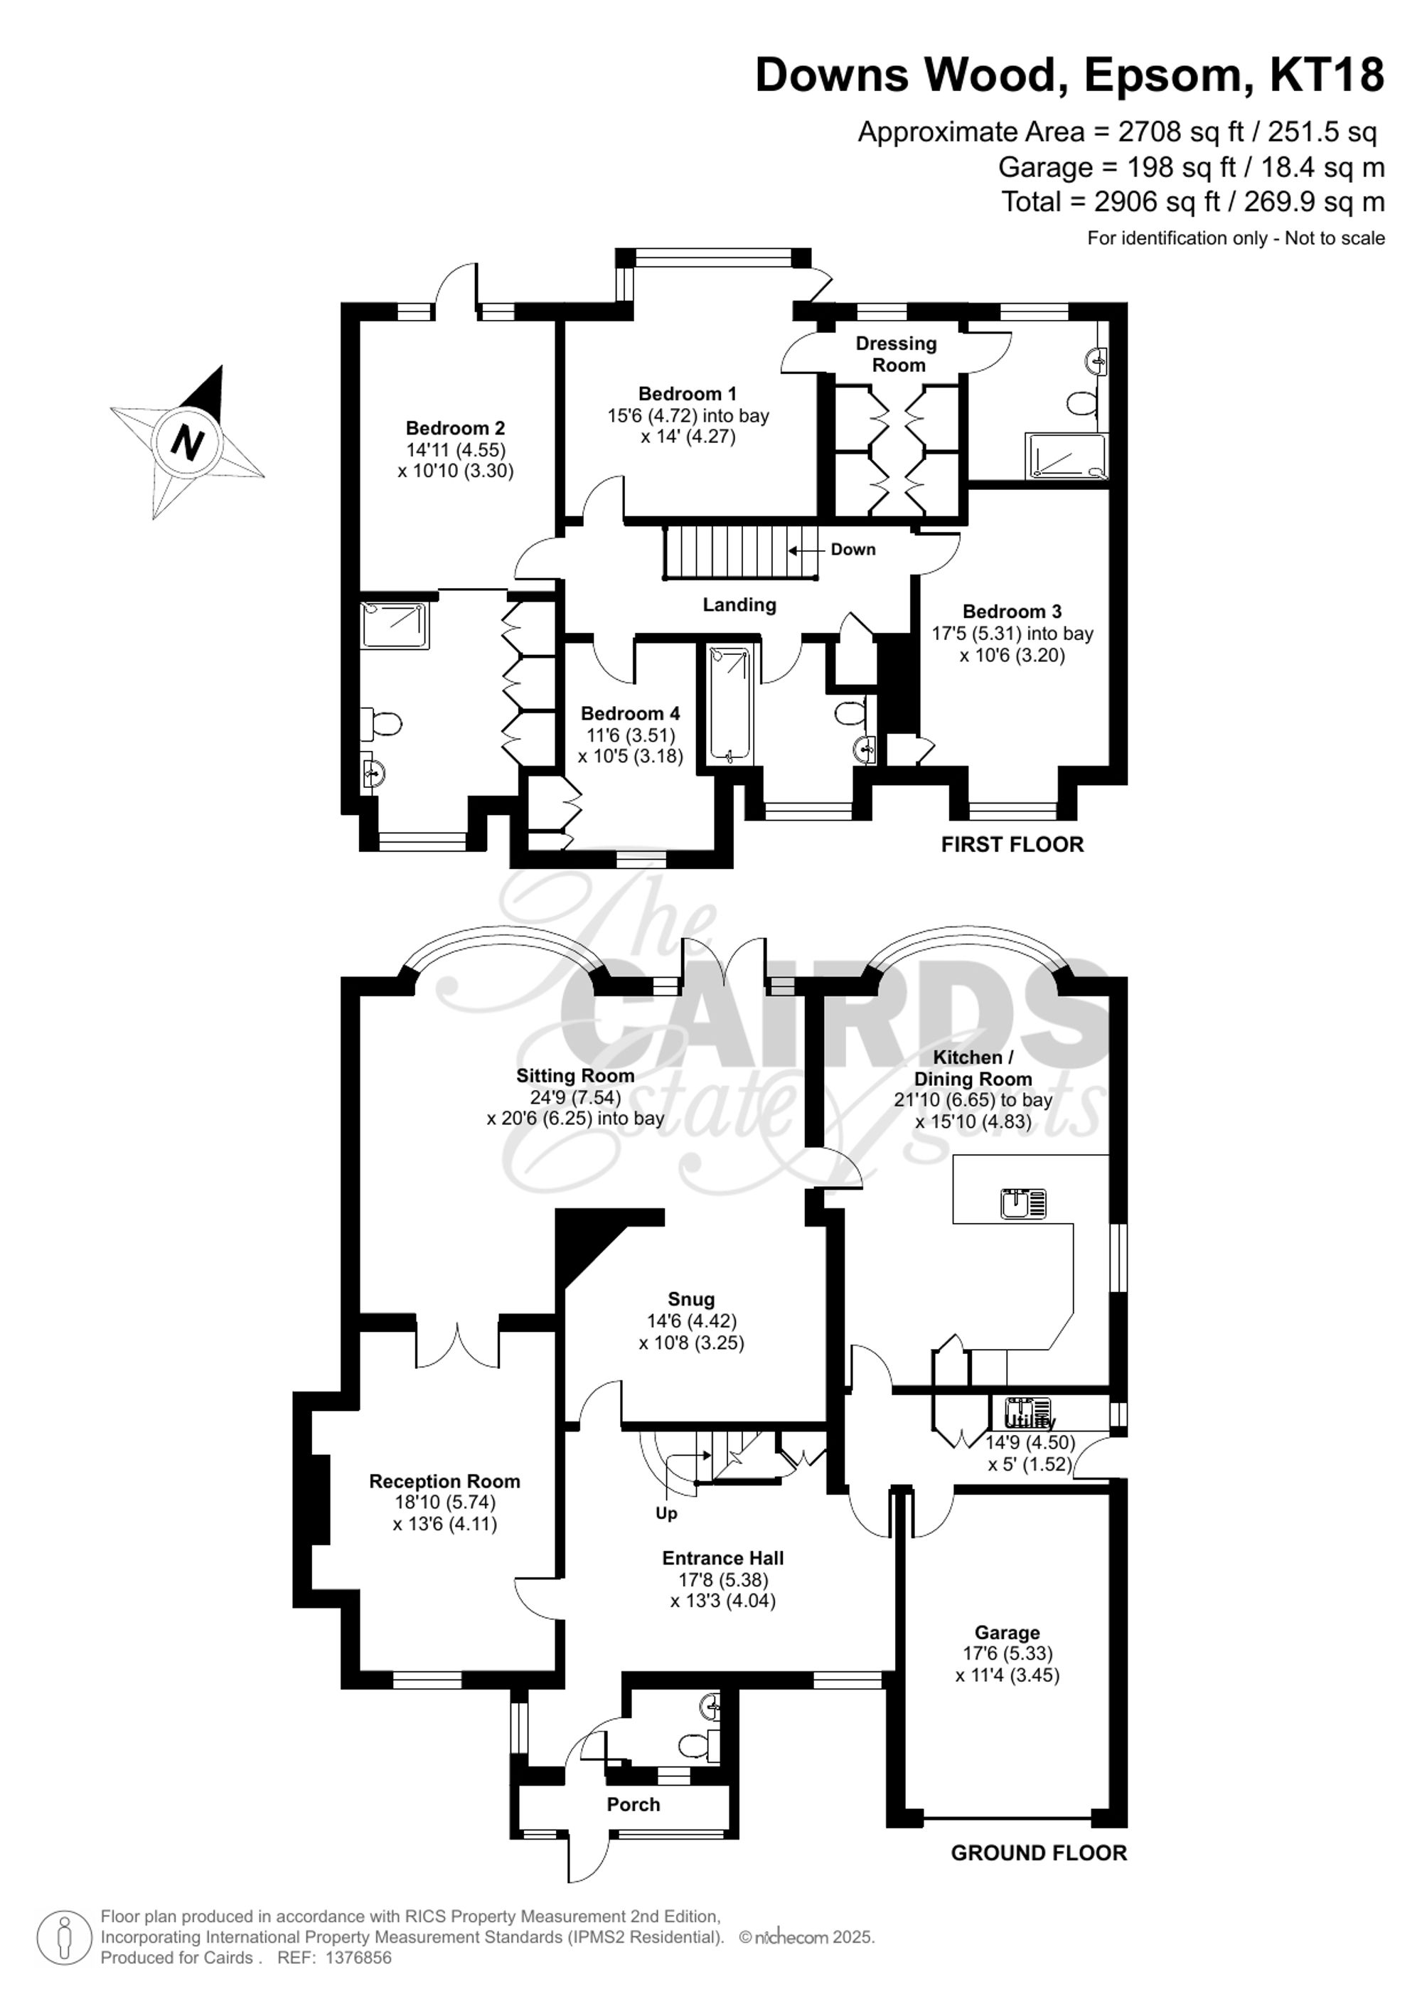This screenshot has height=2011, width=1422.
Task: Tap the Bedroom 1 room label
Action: pos(688,394)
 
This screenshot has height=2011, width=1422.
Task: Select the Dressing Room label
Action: pos(896,354)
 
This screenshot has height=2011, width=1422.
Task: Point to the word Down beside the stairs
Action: pos(853,549)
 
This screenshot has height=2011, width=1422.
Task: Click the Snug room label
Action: pos(691,1300)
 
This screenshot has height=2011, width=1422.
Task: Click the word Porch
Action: pos(633,1804)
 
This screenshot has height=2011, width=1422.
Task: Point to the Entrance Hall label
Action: pos(722,1558)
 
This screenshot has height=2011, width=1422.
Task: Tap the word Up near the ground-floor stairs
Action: pos(666,1513)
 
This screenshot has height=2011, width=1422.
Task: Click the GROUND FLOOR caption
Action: pos(1039,1852)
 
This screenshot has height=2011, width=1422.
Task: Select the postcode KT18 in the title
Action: pos(1327,75)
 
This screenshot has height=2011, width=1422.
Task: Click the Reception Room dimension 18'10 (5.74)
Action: pos(445,1502)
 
